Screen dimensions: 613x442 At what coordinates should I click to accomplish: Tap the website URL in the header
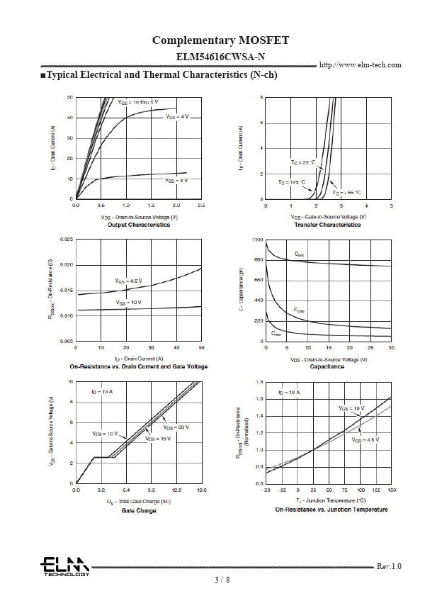[x=361, y=65]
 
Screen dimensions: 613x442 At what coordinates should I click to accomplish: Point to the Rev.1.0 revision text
[x=389, y=566]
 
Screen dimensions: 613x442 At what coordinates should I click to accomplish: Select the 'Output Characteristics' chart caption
[x=139, y=225]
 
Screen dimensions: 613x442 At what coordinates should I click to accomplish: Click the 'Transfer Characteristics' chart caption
[x=327, y=225]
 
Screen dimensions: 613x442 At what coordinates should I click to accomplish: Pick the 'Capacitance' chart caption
[x=327, y=366]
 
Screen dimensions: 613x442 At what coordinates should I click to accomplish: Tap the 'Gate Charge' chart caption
[x=139, y=510]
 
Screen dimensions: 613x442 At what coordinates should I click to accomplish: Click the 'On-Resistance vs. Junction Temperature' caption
[x=331, y=510]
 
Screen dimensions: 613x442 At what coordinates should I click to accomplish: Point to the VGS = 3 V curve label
[x=177, y=181]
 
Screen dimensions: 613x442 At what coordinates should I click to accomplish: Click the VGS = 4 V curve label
[x=177, y=116]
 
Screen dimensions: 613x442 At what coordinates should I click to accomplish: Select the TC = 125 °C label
[x=292, y=183]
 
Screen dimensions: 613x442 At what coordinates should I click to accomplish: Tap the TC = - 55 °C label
[x=346, y=193]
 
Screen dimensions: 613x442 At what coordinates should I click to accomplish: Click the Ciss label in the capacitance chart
[x=299, y=254]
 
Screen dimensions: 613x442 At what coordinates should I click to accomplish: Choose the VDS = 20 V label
[x=176, y=427]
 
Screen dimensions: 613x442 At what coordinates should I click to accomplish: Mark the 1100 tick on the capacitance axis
[x=258, y=240]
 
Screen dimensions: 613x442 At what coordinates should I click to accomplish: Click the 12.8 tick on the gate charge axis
[x=176, y=490]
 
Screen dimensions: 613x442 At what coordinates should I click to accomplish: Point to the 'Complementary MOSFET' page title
[x=221, y=40]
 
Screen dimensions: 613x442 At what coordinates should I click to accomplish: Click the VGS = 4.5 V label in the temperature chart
[x=365, y=440]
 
